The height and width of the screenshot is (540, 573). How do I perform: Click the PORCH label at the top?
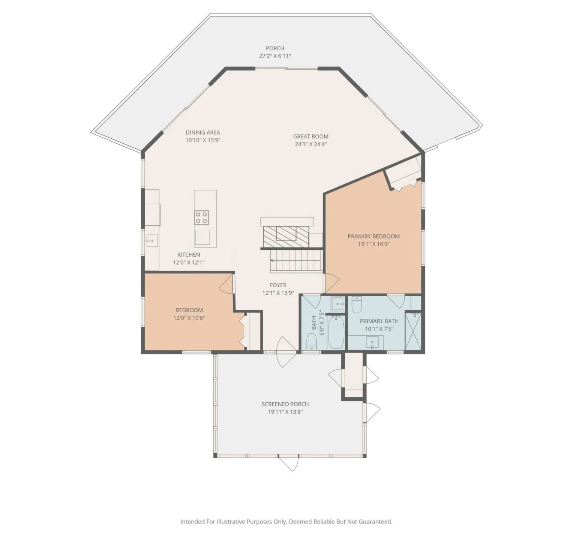tap(275, 48)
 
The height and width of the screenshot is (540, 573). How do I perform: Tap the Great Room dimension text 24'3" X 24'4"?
tap(311, 144)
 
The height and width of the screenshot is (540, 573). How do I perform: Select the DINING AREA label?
tap(203, 132)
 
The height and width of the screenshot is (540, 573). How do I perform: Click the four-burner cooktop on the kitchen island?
tap(202, 217)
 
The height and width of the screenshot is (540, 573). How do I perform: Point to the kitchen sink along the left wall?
tap(152, 240)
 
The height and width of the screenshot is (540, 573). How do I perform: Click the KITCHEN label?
tap(189, 255)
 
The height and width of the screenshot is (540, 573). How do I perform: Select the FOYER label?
tap(278, 285)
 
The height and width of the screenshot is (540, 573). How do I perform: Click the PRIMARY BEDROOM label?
tap(373, 236)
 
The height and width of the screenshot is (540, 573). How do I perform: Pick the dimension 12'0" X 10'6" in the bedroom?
tap(189, 318)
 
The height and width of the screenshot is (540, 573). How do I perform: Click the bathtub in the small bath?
tap(336, 332)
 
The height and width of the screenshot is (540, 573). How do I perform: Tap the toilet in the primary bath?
tap(356, 305)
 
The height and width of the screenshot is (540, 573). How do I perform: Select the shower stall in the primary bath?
tap(413, 331)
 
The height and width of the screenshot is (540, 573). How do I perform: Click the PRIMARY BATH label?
tap(379, 321)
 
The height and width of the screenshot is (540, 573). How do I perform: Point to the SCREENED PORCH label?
tap(285, 404)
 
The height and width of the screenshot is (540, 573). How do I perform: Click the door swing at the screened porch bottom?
tap(289, 463)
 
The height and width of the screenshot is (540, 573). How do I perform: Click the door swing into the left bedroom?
tap(226, 284)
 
